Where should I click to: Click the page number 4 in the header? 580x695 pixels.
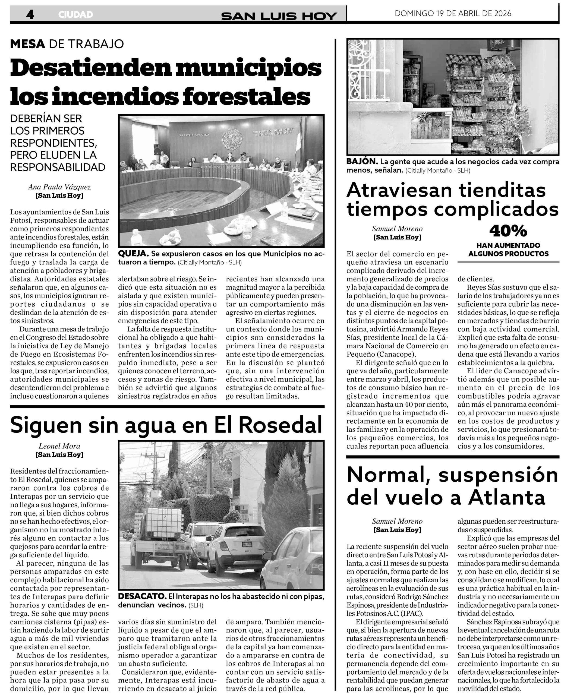pos(30,14)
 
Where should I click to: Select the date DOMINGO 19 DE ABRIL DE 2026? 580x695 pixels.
pos(453,13)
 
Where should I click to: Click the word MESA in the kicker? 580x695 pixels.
pos(27,44)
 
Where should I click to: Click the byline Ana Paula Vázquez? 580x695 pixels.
pos(59,187)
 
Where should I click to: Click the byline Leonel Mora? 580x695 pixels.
pos(59,446)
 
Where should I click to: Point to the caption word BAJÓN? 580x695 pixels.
pos(362,162)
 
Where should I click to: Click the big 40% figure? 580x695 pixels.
pos(508,231)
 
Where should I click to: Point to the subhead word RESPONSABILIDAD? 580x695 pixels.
pos(58,167)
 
